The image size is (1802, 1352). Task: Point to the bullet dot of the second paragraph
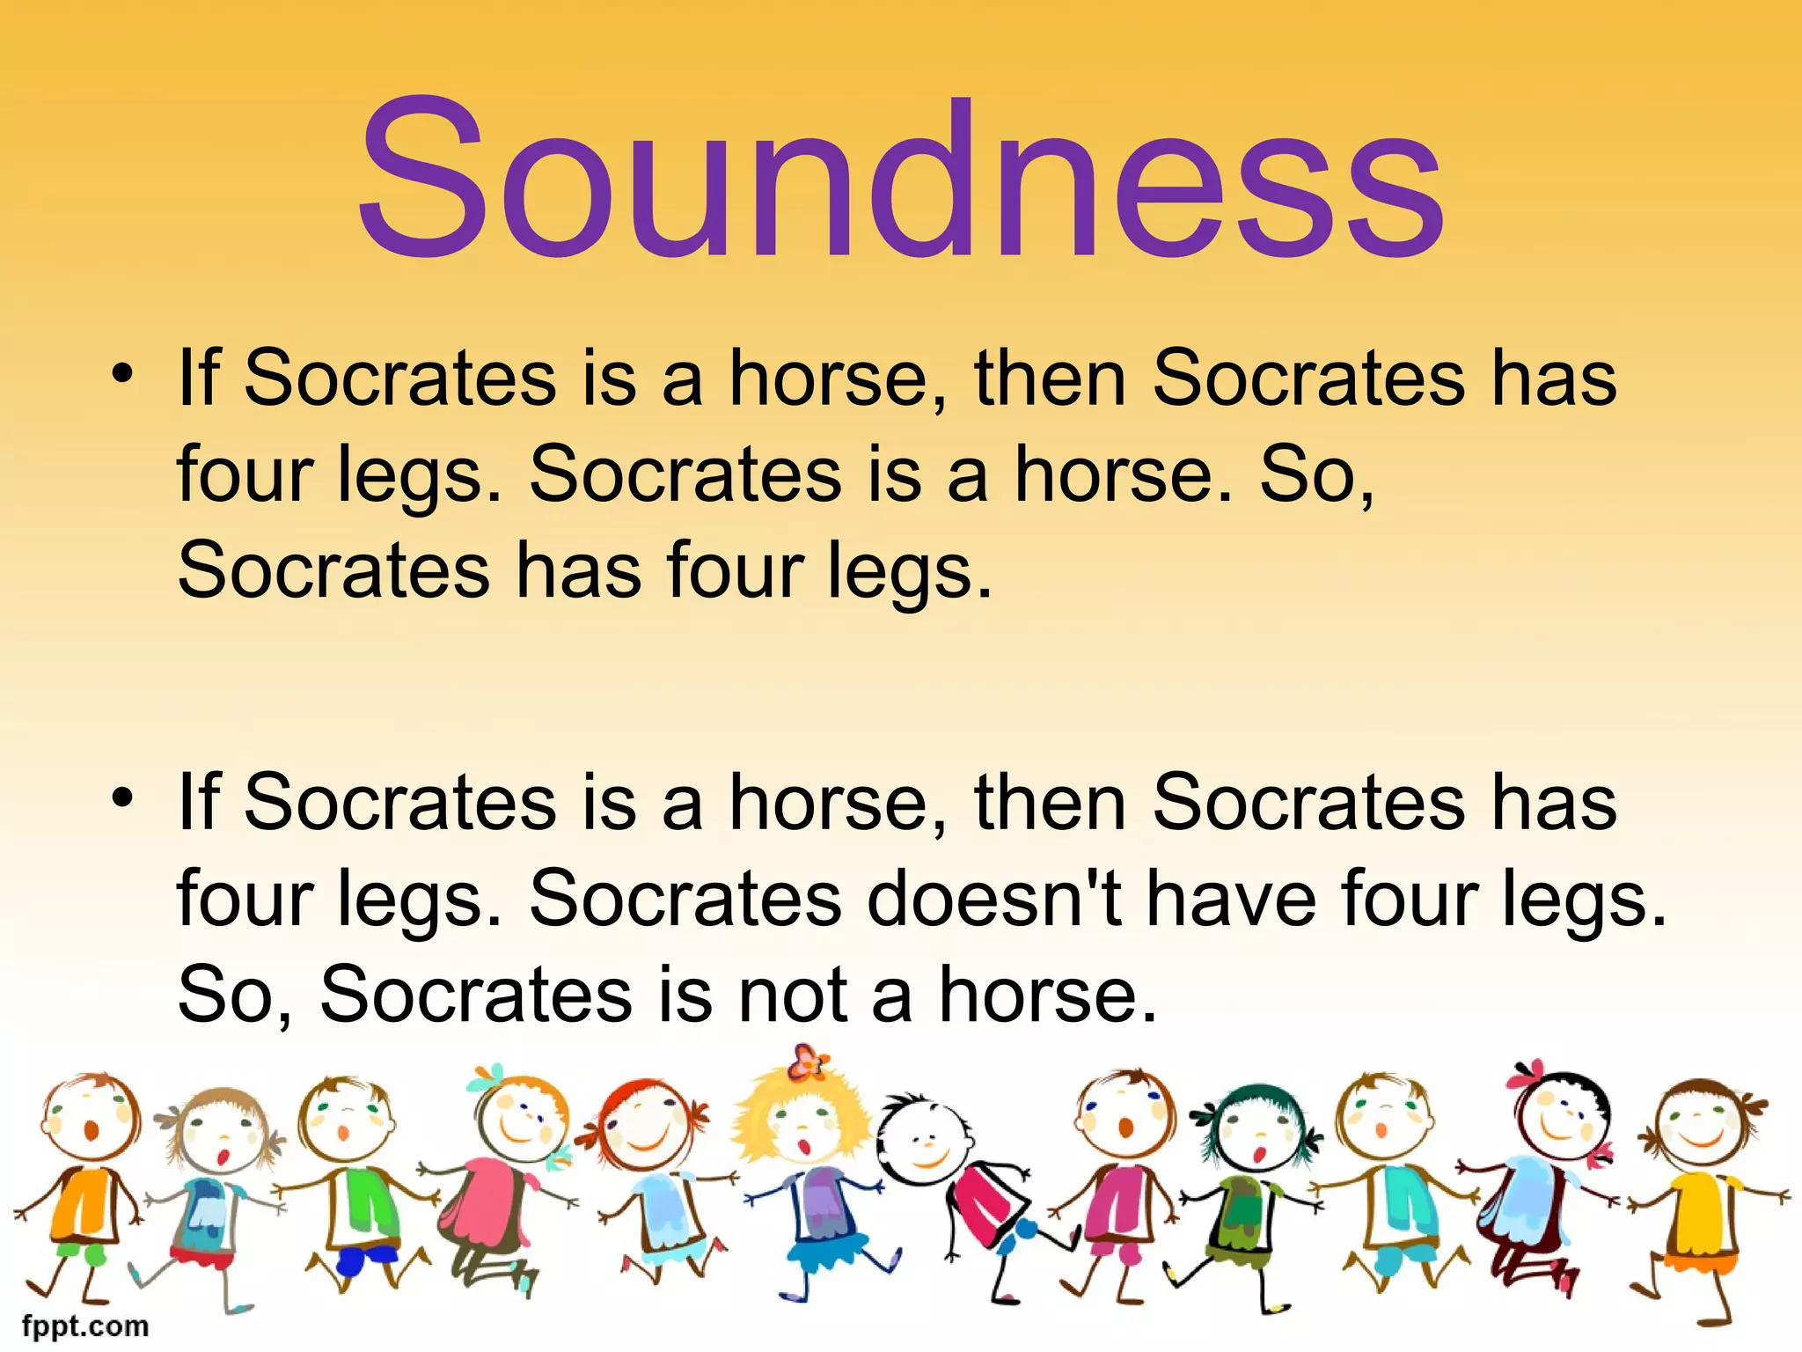[122, 797]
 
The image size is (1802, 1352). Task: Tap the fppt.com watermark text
[85, 1326]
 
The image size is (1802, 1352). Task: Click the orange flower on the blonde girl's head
[807, 1063]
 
